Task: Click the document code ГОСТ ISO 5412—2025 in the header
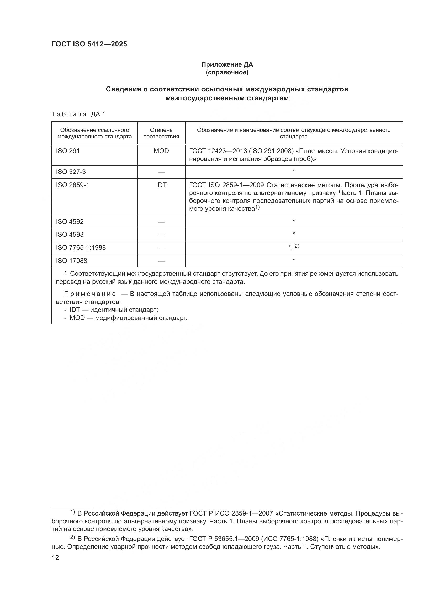pos(89,44)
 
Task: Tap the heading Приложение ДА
pos(227,64)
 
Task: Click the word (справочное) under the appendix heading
pos(227,72)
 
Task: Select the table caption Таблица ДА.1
pos(78,114)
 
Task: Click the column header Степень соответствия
pos(161,133)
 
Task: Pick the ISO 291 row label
pos(68,151)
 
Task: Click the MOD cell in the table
pos(161,151)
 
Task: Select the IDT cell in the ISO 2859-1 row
pos(161,185)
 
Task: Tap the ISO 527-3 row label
pos(71,172)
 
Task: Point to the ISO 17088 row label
pos(71,261)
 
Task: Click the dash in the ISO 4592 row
pos(161,222)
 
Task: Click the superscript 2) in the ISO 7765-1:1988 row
pos(297,246)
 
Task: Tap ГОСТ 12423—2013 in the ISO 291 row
pos(218,151)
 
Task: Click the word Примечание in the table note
pos(90,294)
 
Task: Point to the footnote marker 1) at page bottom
pos(72,512)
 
